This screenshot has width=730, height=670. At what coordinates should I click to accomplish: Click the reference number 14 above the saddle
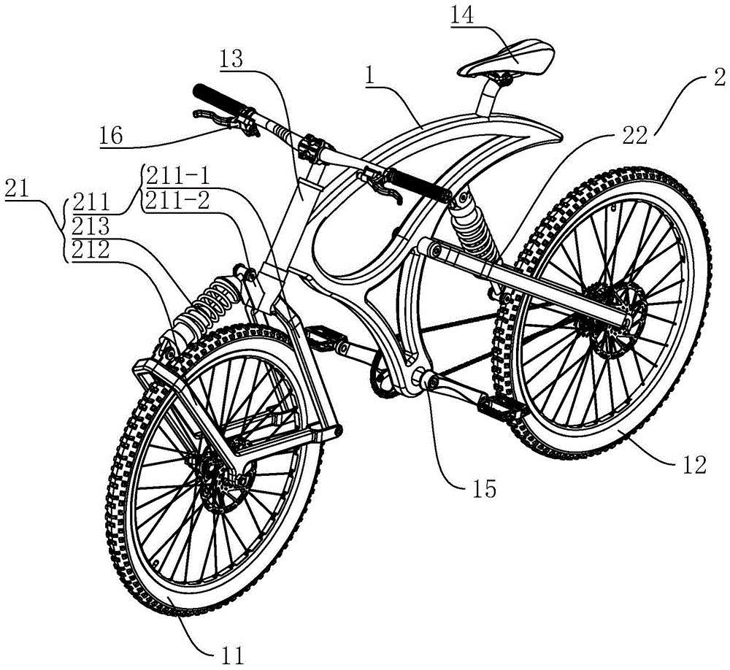click(x=462, y=16)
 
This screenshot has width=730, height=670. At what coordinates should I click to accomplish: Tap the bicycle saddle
click(x=507, y=58)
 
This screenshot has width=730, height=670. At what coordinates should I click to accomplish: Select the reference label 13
click(x=231, y=59)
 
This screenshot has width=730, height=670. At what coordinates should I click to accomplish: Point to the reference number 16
click(x=111, y=136)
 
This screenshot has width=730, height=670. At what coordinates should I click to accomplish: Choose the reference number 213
click(x=91, y=227)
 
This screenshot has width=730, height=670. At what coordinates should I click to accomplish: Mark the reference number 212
click(x=91, y=251)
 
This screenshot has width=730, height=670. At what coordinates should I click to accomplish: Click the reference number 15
click(x=484, y=488)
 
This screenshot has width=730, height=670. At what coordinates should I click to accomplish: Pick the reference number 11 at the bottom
click(x=231, y=656)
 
